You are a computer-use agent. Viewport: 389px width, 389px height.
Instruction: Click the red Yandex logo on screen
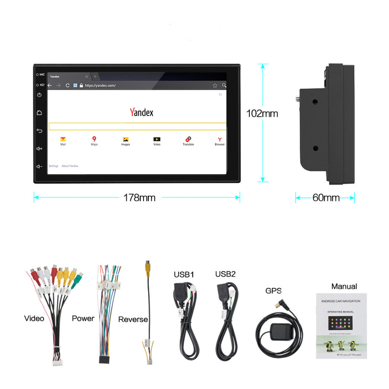(x=141, y=112)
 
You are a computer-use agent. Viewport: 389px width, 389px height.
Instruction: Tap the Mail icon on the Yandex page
(x=63, y=139)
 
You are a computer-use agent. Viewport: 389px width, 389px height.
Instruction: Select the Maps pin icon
(x=94, y=139)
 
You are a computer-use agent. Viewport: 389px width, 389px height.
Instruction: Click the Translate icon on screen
(x=188, y=139)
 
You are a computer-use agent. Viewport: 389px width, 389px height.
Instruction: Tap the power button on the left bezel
(x=39, y=95)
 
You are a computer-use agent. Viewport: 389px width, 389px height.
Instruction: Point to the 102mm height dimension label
(x=262, y=114)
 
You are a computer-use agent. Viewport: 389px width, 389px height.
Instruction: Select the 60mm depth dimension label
(x=326, y=198)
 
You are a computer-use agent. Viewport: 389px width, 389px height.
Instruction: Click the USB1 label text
(x=184, y=274)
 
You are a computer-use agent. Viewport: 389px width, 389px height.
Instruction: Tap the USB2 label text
(x=225, y=274)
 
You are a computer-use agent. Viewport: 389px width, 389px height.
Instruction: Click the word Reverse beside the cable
(x=133, y=320)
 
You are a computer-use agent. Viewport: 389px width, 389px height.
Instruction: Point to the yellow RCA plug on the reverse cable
(x=148, y=266)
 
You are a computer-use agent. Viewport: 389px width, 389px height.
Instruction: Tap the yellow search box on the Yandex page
(x=137, y=126)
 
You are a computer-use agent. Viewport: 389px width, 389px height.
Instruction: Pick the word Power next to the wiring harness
(x=83, y=319)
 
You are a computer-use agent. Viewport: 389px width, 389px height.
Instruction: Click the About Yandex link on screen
(x=70, y=166)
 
